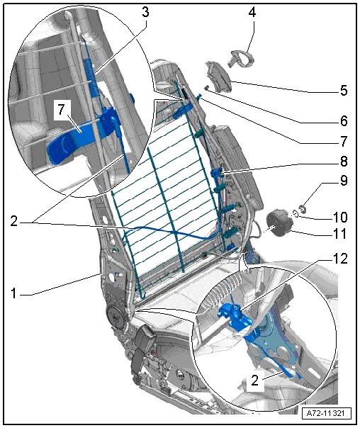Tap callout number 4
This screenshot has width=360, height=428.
252,12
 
